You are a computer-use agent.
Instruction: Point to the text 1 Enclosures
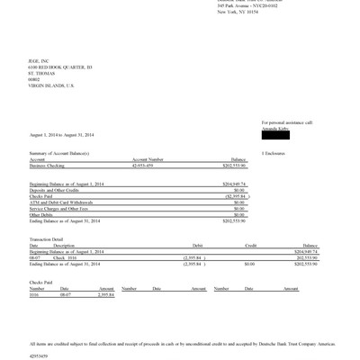(274, 154)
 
